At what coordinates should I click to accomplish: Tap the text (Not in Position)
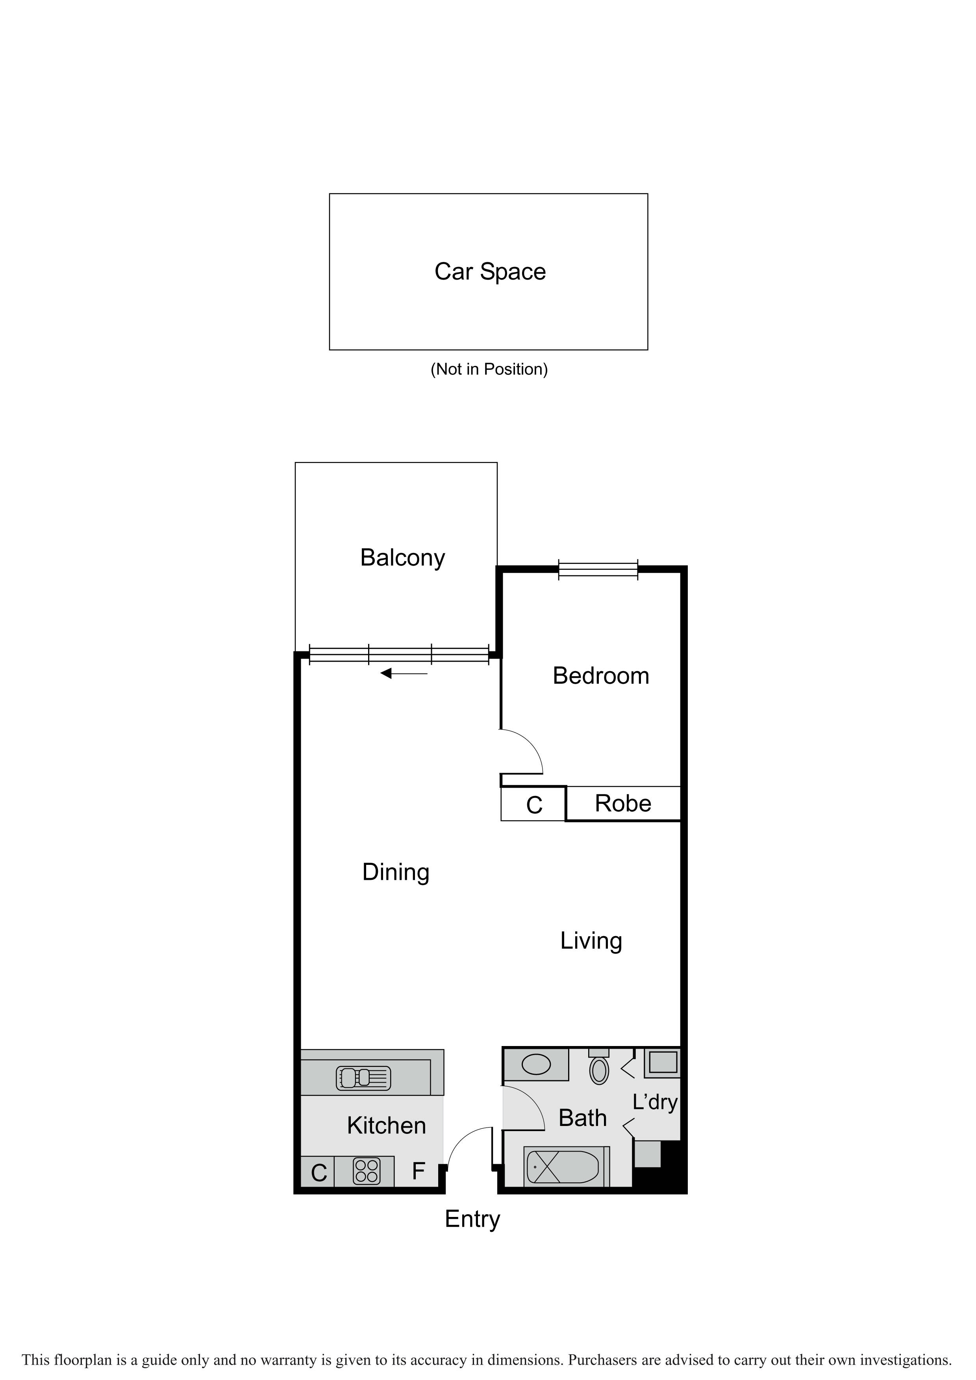pyautogui.click(x=489, y=369)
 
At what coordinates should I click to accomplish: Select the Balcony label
pyautogui.click(x=403, y=558)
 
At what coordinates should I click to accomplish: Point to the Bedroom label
pyautogui.click(x=601, y=675)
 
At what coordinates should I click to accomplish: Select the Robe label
pyautogui.click(x=623, y=803)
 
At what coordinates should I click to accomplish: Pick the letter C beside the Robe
pyautogui.click(x=534, y=805)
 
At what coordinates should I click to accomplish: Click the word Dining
pyautogui.click(x=396, y=872)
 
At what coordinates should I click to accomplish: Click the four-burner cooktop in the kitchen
pyautogui.click(x=366, y=1171)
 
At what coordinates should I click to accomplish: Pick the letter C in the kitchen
pyautogui.click(x=319, y=1172)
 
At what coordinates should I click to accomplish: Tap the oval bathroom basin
pyautogui.click(x=536, y=1065)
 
